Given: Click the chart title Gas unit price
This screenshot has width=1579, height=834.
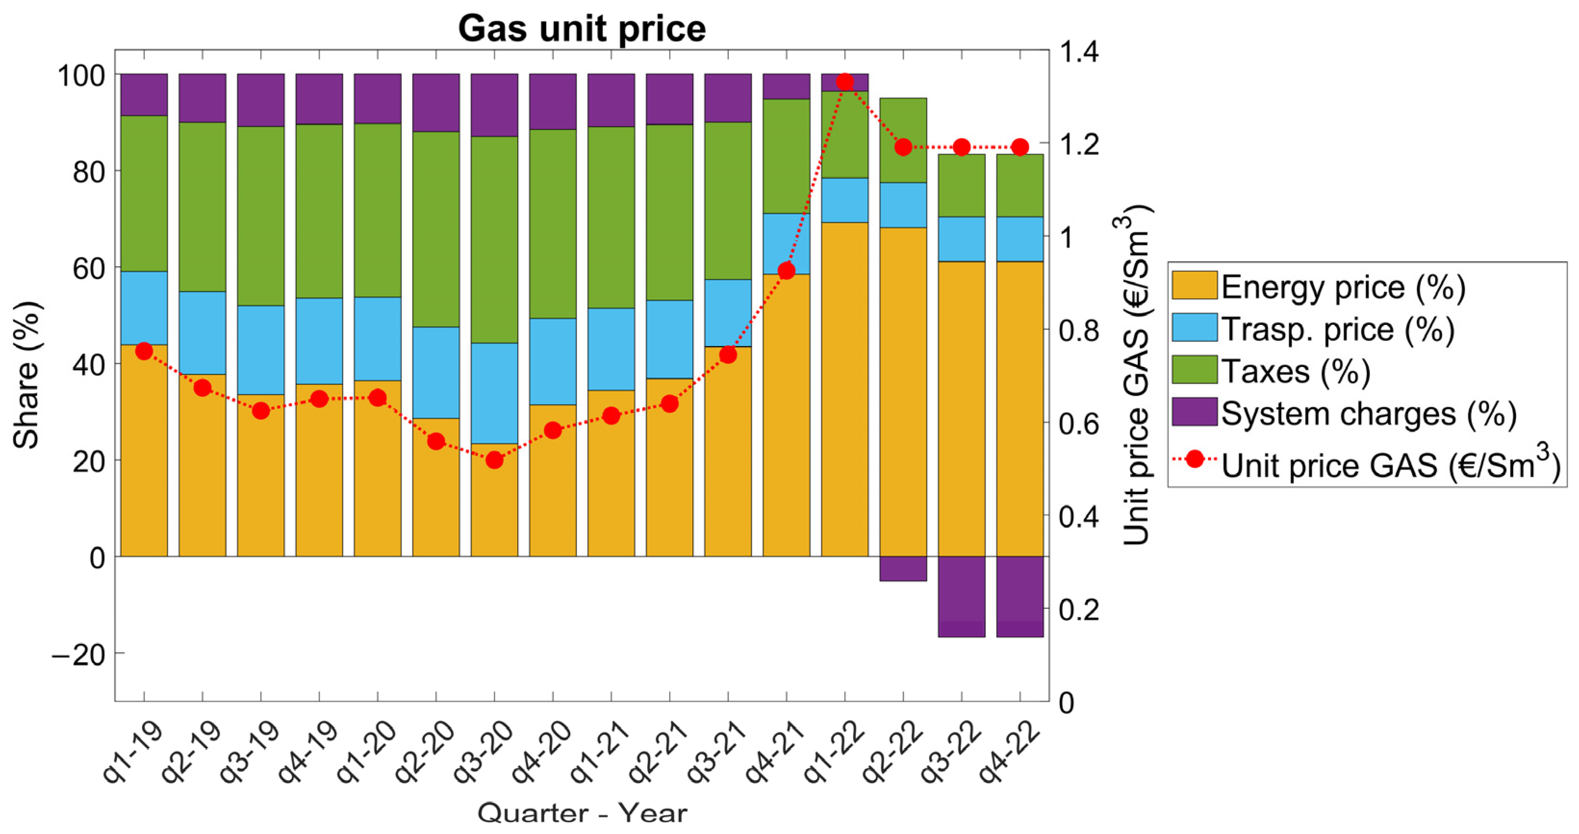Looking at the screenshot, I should pyautogui.click(x=582, y=28).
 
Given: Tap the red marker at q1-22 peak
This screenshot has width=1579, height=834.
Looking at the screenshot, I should pyautogui.click(x=845, y=82).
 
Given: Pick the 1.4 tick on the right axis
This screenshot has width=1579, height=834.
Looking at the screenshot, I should pyautogui.click(x=1079, y=52).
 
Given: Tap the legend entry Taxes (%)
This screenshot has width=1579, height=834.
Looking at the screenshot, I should pyautogui.click(x=1295, y=371).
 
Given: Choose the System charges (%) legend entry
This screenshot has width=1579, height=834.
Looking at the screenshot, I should pyautogui.click(x=1367, y=413).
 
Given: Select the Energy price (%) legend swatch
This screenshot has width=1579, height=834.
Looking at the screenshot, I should pyautogui.click(x=1194, y=286).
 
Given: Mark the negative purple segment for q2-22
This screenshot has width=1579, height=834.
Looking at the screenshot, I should pyautogui.click(x=903, y=568).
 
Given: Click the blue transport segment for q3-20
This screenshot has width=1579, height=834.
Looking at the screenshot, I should pyautogui.click(x=495, y=393).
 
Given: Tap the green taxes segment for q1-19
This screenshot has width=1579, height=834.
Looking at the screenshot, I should pyautogui.click(x=144, y=193).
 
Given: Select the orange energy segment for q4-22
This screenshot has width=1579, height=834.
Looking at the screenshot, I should pyautogui.click(x=1020, y=408).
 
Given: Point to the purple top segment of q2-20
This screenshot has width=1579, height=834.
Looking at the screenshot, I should pyautogui.click(x=436, y=103).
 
